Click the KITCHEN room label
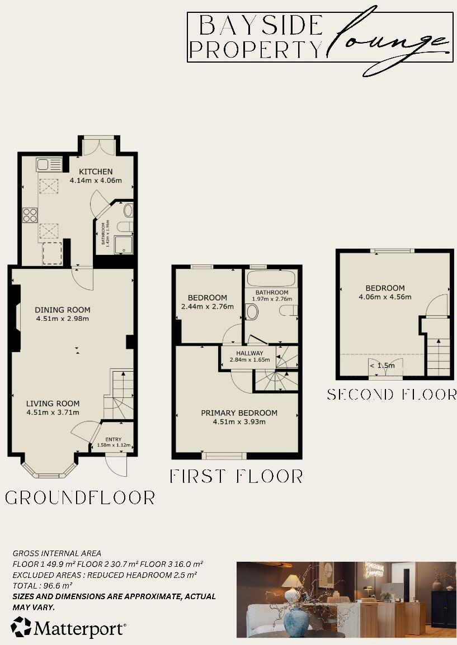pyautogui.click(x=96, y=172)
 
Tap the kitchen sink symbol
pyautogui.click(x=49, y=165)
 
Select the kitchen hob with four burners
pyautogui.click(x=30, y=215)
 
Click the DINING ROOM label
pyautogui.click(x=62, y=310)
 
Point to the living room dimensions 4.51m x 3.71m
pyautogui.click(x=54, y=412)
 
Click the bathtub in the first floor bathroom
pyautogui.click(x=272, y=280)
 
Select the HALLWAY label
pyautogui.click(x=249, y=353)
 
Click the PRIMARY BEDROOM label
pyautogui.click(x=239, y=413)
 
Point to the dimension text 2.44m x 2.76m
pyautogui.click(x=208, y=306)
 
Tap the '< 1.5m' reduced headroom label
pyautogui.click(x=381, y=366)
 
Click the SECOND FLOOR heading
pyautogui.click(x=392, y=395)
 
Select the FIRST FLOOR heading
pyautogui.click(x=236, y=476)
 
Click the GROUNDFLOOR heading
pyautogui.click(x=80, y=497)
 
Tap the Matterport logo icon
pyautogui.click(x=21, y=627)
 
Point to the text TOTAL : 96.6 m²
pyautogui.click(x=43, y=585)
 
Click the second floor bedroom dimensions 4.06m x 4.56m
pyautogui.click(x=385, y=297)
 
